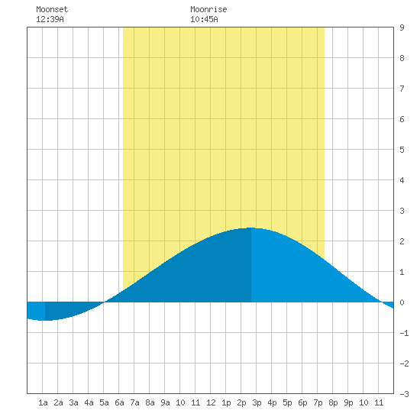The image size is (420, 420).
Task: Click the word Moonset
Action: click(52, 9)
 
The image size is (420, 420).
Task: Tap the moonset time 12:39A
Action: click(50, 19)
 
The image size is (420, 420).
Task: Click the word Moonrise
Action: click(208, 9)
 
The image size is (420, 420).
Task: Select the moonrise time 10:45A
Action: click(204, 19)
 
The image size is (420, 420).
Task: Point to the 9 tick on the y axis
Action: click(402, 27)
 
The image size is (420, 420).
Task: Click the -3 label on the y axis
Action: click(404, 394)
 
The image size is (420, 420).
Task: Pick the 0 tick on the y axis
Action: click(402, 302)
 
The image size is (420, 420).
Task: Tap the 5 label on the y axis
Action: click(402, 150)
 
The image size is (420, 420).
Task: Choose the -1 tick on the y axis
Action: click(404, 333)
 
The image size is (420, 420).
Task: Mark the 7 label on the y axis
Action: click(402, 89)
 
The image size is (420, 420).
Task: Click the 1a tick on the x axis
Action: click(43, 402)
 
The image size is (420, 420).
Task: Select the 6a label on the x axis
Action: click(119, 402)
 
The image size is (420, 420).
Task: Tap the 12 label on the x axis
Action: click(211, 402)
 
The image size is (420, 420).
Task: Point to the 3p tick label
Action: click(257, 402)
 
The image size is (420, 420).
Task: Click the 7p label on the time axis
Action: click(318, 402)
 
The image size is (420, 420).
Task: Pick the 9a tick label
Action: click(165, 402)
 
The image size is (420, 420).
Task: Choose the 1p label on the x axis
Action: click(226, 402)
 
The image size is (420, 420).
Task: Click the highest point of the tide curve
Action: click(251, 228)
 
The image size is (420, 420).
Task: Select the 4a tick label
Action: click(89, 402)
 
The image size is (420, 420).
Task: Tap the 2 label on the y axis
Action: click(402, 241)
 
